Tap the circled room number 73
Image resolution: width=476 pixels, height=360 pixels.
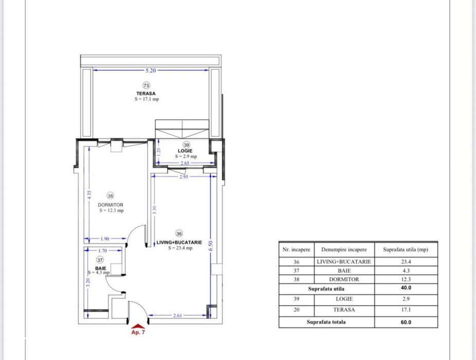click(x=146, y=85)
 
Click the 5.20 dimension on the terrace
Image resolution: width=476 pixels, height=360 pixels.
click(x=151, y=70)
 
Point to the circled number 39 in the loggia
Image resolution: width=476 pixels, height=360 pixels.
click(x=186, y=145)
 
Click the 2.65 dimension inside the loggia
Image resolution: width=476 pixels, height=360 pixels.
click(x=186, y=164)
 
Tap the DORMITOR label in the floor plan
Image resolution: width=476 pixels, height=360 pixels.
click(x=111, y=204)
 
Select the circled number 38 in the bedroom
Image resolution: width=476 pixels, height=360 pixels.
click(x=111, y=195)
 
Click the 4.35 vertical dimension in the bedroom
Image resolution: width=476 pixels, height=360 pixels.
click(x=89, y=195)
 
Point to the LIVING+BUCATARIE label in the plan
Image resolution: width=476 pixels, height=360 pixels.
click(x=179, y=242)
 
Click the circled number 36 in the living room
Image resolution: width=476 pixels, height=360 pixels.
click(x=179, y=233)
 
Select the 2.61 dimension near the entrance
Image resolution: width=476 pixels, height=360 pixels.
click(x=178, y=315)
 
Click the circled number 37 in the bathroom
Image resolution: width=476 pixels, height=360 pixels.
click(x=100, y=260)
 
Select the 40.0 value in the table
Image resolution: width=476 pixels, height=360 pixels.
click(x=406, y=289)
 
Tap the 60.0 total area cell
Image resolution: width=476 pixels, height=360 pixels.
click(x=406, y=322)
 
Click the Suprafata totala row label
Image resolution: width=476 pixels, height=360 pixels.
click(x=326, y=322)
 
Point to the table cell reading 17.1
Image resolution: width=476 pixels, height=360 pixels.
click(x=406, y=310)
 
